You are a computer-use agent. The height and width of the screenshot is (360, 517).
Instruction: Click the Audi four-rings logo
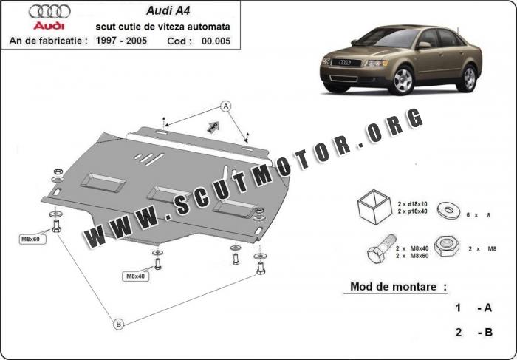tap(50, 11)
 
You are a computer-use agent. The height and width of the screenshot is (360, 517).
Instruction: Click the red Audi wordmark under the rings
tap(49, 25)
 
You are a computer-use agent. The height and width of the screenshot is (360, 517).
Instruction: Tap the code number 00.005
tap(215, 41)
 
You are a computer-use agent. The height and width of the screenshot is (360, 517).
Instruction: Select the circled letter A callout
tap(226, 106)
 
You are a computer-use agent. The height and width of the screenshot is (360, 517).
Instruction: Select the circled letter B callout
tap(117, 322)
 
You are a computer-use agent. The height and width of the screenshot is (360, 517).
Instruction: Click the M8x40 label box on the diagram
tap(135, 276)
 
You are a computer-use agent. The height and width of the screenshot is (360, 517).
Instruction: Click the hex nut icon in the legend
tap(446, 246)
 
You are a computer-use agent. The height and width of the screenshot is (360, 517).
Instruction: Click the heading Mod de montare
tap(399, 286)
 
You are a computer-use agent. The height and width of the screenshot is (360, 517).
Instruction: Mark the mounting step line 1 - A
tap(473, 308)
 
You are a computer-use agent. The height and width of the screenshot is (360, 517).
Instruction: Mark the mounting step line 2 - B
tap(473, 333)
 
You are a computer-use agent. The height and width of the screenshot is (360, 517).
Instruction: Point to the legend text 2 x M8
tap(481, 250)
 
